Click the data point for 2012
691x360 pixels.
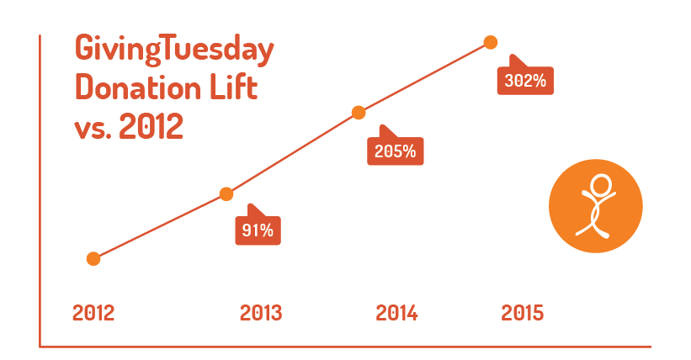click(x=93, y=258)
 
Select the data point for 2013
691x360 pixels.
click(x=226, y=194)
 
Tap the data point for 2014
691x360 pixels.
click(x=359, y=113)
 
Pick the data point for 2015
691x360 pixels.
click(x=491, y=42)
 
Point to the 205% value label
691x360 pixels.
click(x=396, y=151)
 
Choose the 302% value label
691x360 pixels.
click(x=526, y=82)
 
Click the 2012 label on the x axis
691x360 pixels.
click(x=93, y=313)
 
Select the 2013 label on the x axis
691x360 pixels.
click(x=261, y=313)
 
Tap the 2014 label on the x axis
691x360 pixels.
click(x=396, y=313)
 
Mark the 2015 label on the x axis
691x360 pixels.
click(x=523, y=313)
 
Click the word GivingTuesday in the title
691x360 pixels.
click(x=174, y=50)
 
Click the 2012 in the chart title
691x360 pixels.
click(x=151, y=126)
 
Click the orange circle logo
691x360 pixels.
click(x=595, y=206)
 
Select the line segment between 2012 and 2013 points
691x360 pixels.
click(x=160, y=226)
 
